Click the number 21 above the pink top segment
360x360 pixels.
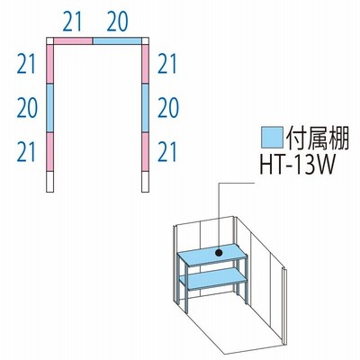tap(72, 22)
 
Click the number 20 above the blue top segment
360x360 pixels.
tap(117, 22)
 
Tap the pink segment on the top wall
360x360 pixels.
tap(73, 41)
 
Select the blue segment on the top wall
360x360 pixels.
tap(117, 41)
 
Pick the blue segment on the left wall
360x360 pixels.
tap(50, 108)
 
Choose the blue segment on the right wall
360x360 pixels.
tap(146, 108)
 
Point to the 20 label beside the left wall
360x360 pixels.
tap(27, 108)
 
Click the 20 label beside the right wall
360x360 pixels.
tap(168, 108)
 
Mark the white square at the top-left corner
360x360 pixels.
tap(50, 41)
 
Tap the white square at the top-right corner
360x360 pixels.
tap(146, 41)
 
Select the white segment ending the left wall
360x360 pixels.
tap(50, 182)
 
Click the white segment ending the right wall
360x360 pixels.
tap(146, 182)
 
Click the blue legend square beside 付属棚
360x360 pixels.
tap(272, 138)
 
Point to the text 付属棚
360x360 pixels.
tap(318, 138)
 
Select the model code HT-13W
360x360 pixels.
tap(297, 165)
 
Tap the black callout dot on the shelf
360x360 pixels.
tap(219, 253)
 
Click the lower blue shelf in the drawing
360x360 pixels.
tap(213, 279)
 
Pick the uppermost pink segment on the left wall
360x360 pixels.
tap(50, 64)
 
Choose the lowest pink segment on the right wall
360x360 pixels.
tap(146, 152)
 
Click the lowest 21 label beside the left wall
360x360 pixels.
tap(26, 152)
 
